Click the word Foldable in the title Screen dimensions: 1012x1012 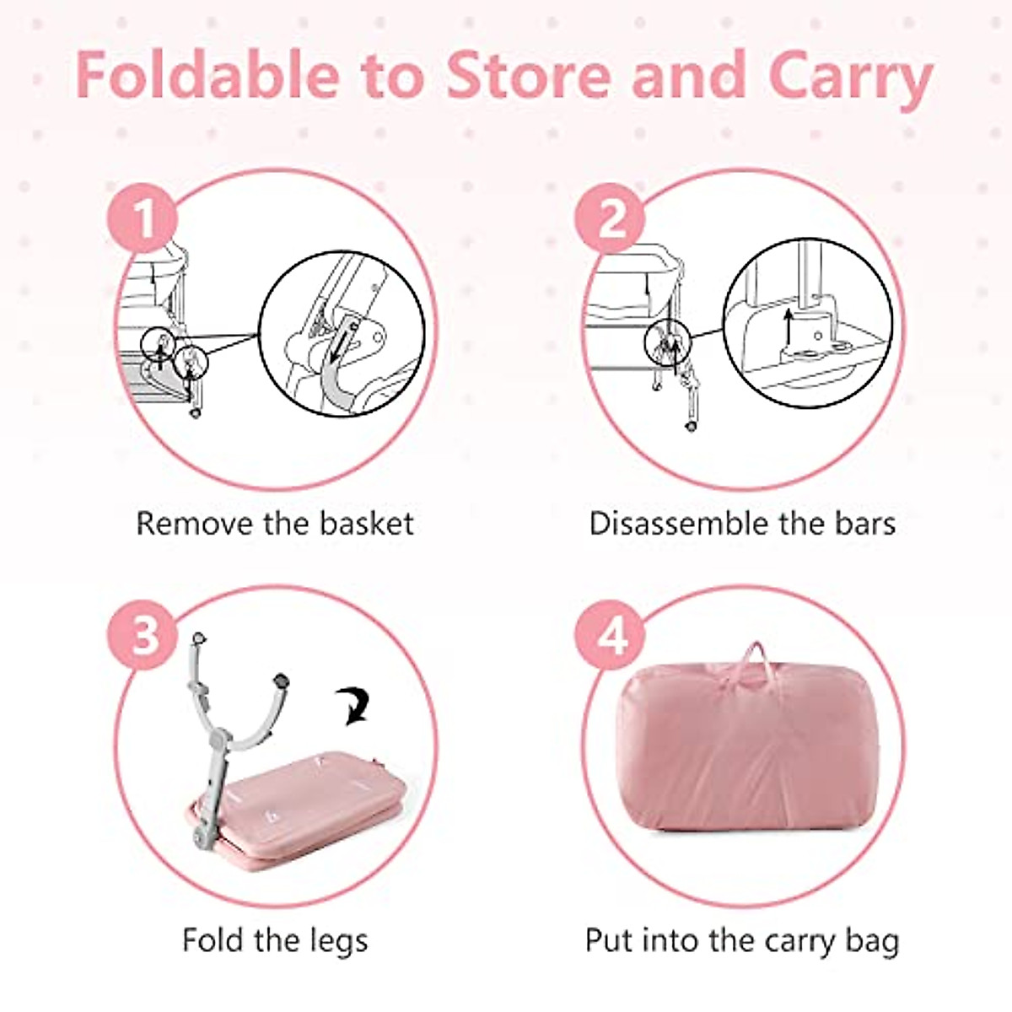207,76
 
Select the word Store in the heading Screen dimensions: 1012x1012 526,76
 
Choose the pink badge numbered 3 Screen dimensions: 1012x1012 143,634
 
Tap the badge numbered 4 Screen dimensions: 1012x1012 611,634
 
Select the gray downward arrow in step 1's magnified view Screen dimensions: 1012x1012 340,346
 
